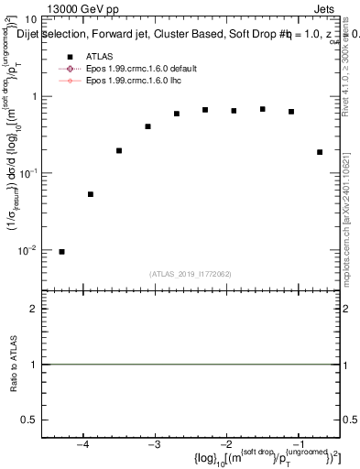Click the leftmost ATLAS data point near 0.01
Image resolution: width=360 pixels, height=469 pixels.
tap(61, 252)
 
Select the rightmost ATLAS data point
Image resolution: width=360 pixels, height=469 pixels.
tap(320, 152)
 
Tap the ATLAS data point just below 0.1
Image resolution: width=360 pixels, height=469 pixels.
tap(91, 194)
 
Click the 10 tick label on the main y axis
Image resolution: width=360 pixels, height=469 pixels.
tap(30, 20)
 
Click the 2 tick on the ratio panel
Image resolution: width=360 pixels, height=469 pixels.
tap(32, 310)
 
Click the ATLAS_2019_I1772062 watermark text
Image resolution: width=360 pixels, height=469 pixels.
tap(191, 274)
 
